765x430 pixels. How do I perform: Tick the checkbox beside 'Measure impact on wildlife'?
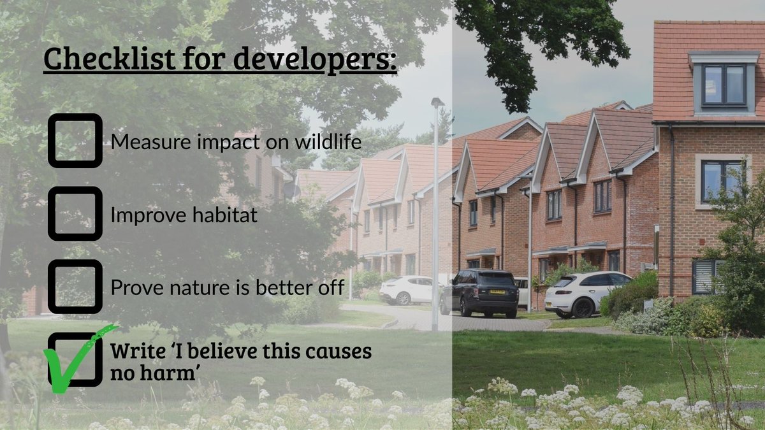pyautogui.click(x=75, y=141)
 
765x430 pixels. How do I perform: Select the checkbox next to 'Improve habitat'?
pyautogui.click(x=75, y=214)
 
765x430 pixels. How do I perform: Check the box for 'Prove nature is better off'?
pyautogui.click(x=75, y=287)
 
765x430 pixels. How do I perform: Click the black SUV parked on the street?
pyautogui.click(x=480, y=293)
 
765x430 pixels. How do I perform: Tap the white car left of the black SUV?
pyautogui.click(x=408, y=290)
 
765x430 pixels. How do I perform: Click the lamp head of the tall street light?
pyautogui.click(x=437, y=101)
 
